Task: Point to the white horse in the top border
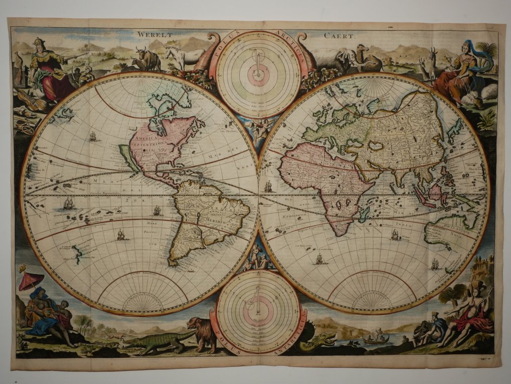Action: [x=184, y=56]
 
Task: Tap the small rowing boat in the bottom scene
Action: [x=377, y=340]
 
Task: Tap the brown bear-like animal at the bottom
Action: [x=202, y=333]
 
